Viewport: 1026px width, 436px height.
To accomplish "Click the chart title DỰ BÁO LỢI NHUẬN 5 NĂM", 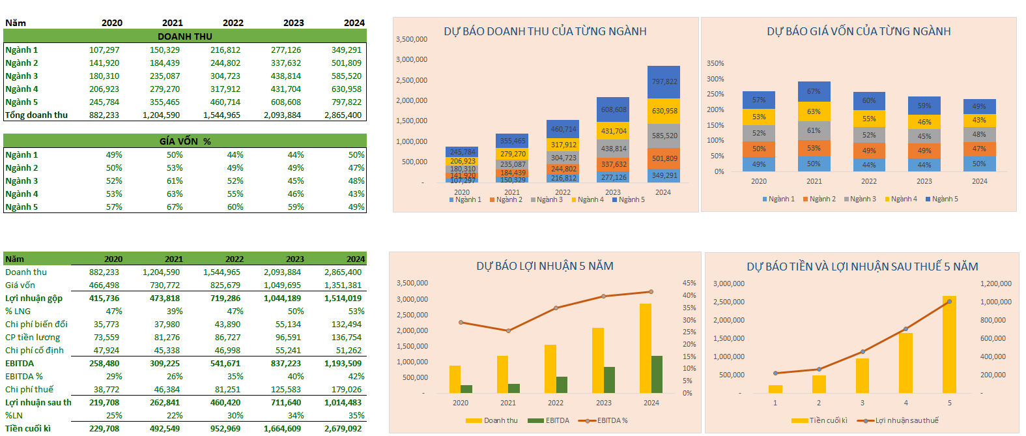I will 545,266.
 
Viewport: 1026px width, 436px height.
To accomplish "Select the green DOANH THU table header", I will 185,36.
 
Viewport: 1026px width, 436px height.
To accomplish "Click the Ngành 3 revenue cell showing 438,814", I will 286,76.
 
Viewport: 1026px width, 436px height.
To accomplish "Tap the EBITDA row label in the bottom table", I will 20,363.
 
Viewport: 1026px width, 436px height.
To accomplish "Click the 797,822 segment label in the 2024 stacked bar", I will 664,81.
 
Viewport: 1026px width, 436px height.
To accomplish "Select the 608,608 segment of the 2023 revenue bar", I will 614,109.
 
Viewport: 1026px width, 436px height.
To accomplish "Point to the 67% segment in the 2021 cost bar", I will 814,91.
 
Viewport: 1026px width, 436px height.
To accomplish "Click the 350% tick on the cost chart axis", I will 715,63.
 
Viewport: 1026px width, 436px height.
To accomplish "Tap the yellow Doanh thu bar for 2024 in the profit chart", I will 645,348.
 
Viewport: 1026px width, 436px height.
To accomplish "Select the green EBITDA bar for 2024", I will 657,374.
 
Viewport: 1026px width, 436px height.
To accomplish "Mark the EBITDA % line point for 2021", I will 508,330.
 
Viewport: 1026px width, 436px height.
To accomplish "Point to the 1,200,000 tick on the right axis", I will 995,283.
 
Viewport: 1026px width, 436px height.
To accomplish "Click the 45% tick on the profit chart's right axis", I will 689,283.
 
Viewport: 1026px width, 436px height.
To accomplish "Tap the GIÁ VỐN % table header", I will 185,141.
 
